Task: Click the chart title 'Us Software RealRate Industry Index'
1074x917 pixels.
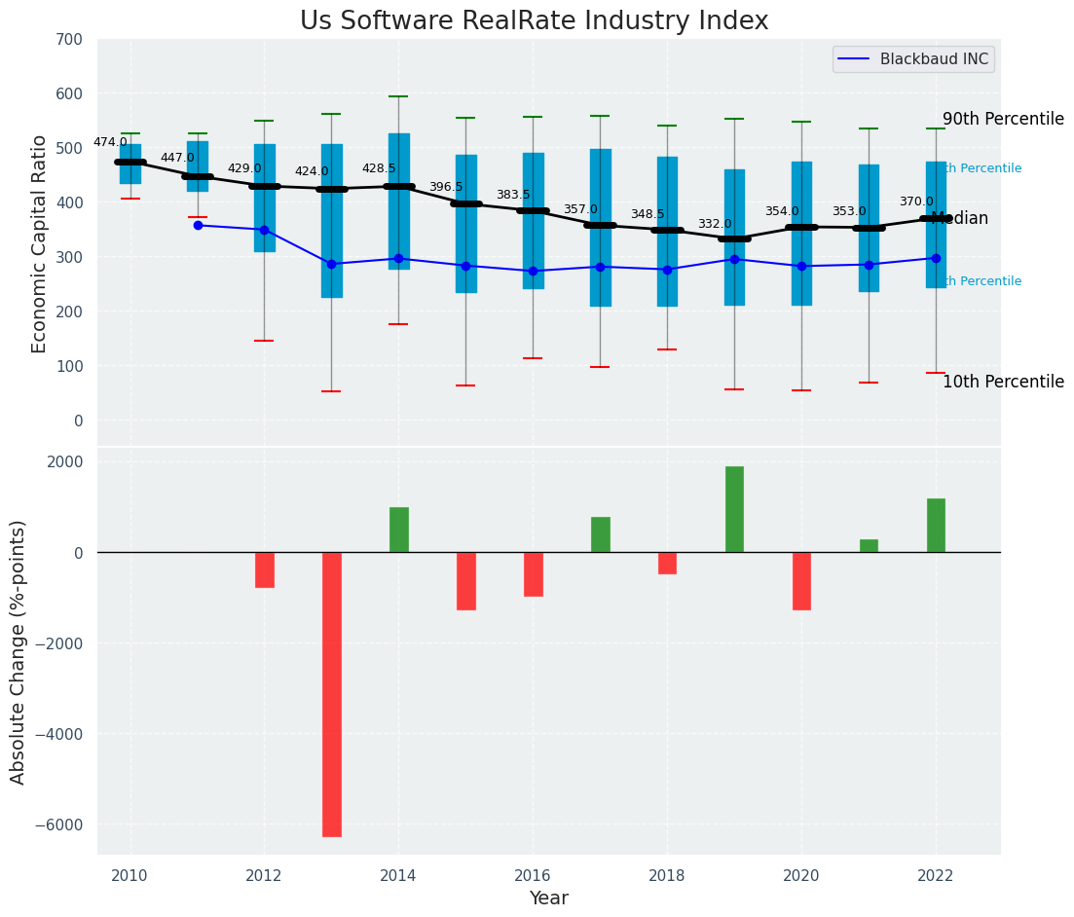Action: pos(534,21)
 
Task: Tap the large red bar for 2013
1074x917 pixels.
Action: pos(332,694)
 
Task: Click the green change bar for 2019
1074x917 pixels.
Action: pos(734,509)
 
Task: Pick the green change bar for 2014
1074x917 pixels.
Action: pos(399,530)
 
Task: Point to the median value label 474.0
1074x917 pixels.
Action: pos(110,142)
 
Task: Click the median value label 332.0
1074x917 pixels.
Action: pos(715,225)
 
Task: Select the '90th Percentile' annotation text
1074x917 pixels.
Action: pos(1003,119)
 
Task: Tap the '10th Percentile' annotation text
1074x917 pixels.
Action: pos(1003,382)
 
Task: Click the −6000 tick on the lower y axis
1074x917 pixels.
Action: pos(60,825)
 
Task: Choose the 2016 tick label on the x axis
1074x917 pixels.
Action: pos(533,876)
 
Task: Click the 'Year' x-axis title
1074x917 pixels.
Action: pos(549,899)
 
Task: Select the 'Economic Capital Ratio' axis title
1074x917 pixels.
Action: pos(40,243)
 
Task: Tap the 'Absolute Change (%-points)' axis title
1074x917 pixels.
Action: pos(19,651)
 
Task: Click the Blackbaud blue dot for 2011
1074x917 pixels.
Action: pos(198,226)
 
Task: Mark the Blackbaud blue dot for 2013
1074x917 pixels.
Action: pos(332,264)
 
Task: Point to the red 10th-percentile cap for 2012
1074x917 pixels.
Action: pos(264,341)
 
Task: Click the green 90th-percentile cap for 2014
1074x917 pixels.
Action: pos(398,96)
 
